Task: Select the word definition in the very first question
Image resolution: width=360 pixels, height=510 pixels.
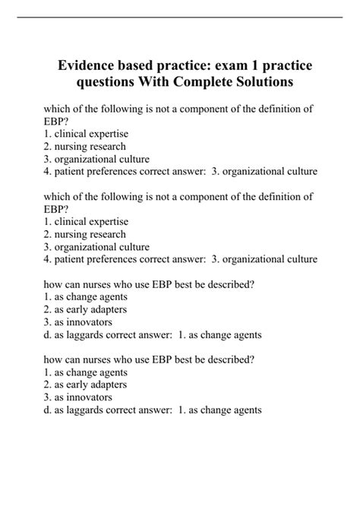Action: tap(275, 109)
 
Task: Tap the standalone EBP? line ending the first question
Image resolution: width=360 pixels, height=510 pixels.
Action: tap(58, 122)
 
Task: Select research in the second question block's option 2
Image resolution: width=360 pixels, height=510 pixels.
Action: tap(109, 234)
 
